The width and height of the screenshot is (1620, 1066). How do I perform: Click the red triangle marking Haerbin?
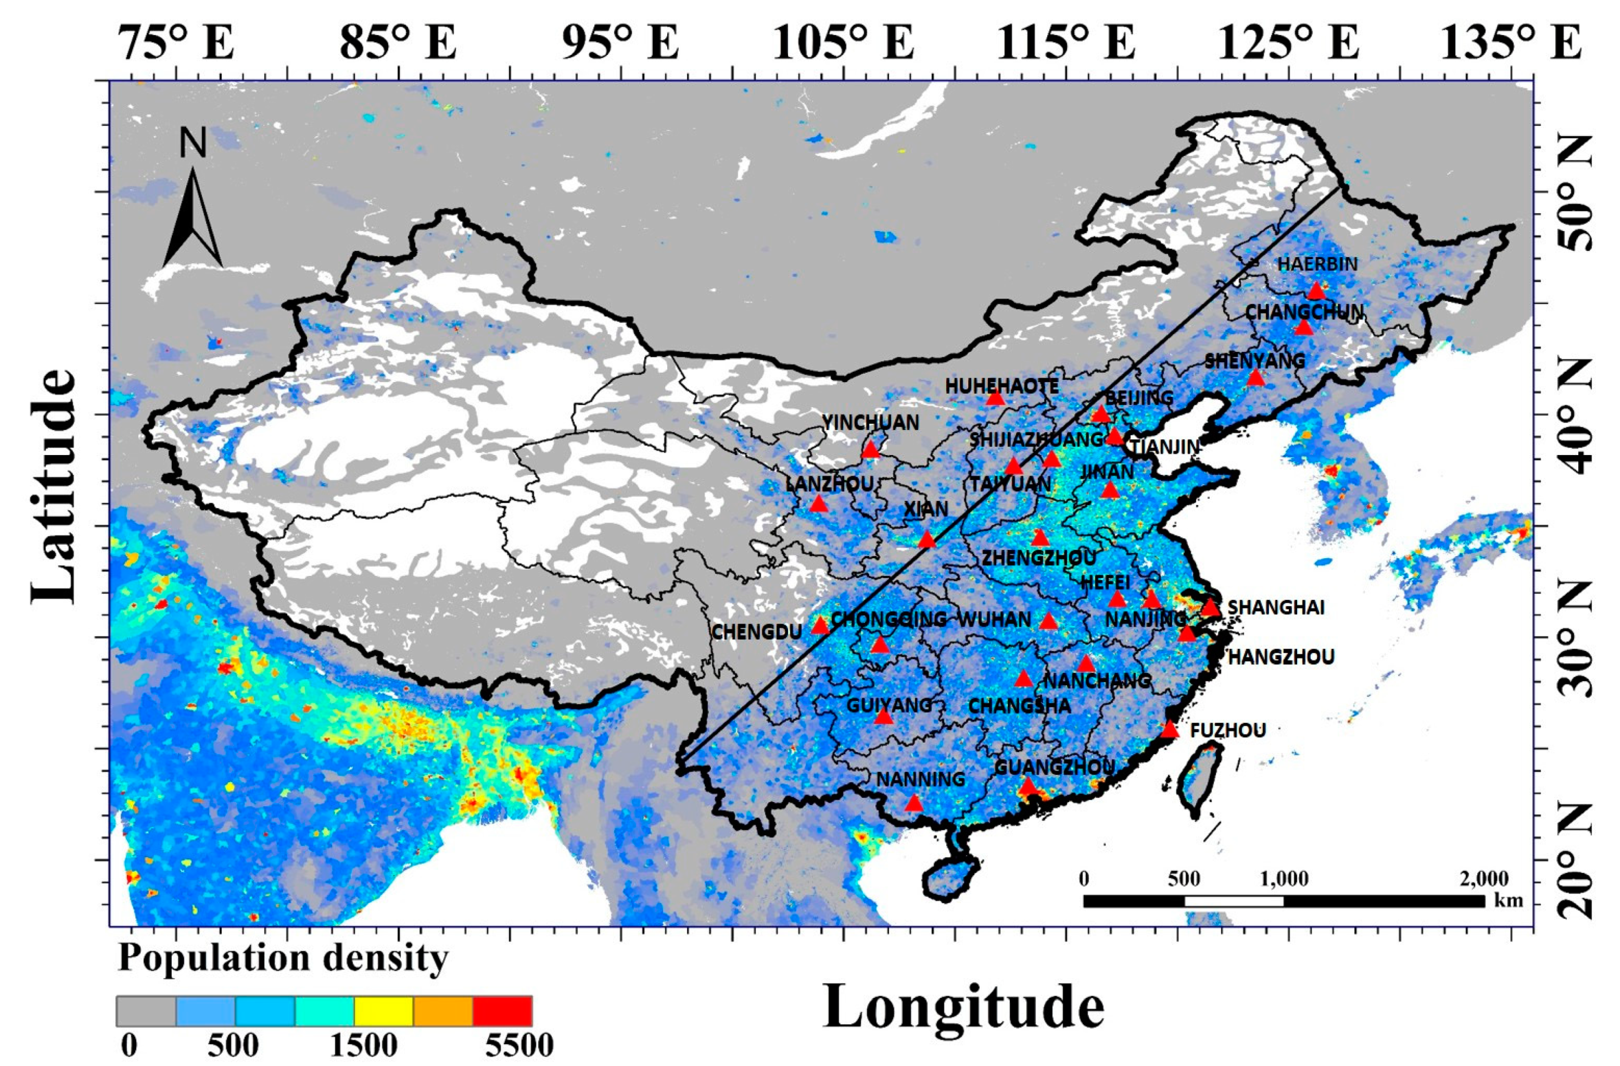[x=1316, y=290]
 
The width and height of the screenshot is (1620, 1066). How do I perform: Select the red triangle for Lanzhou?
[x=818, y=504]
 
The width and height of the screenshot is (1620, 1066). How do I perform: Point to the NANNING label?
[x=920, y=779]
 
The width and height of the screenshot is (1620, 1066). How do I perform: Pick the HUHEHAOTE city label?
[x=1002, y=386]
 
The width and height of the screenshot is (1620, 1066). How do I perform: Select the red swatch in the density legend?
[x=502, y=1010]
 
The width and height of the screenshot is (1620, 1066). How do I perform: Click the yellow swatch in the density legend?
[x=383, y=1010]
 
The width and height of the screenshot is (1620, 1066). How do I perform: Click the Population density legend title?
[x=283, y=958]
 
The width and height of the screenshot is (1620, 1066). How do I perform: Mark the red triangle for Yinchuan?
[x=870, y=450]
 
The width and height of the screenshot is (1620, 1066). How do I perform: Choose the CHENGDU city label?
[x=756, y=632]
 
